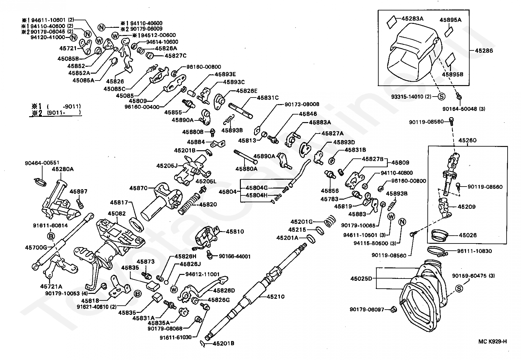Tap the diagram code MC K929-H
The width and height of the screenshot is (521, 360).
[x=492, y=342]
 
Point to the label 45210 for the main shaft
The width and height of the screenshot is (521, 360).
[x=276, y=297]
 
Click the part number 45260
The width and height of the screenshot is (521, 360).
[x=467, y=140]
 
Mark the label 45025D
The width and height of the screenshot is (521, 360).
[x=361, y=279]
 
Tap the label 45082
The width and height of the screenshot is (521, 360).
[x=117, y=213]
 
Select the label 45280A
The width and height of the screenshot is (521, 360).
[x=63, y=169]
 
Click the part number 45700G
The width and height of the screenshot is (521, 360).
[x=36, y=247]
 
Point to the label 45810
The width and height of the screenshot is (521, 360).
[x=235, y=232]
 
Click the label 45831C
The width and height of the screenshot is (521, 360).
[x=268, y=98]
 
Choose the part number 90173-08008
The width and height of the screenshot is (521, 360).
[x=302, y=104]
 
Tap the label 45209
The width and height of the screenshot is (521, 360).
[x=467, y=207]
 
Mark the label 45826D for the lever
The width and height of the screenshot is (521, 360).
[x=224, y=290]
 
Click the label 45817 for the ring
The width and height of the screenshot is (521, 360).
[x=119, y=203]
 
